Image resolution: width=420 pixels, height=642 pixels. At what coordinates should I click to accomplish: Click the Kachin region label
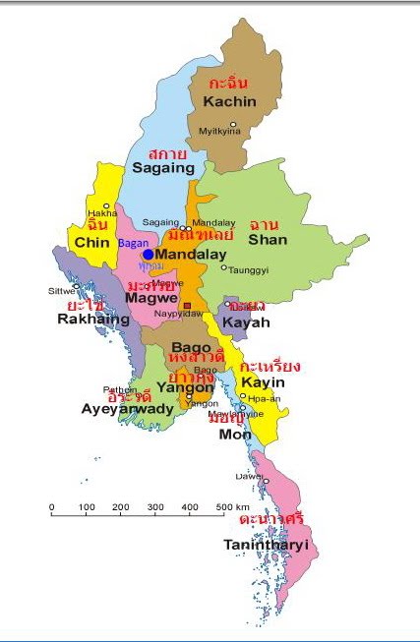pyautogui.click(x=230, y=101)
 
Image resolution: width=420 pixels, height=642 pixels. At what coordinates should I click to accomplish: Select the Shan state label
pyautogui.click(x=268, y=239)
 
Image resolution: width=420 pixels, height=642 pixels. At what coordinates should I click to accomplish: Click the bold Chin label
pyautogui.click(x=90, y=243)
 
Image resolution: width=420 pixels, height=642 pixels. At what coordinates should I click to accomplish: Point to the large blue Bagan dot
pyautogui.click(x=148, y=254)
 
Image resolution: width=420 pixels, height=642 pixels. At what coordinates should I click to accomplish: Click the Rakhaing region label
pyautogui.click(x=92, y=320)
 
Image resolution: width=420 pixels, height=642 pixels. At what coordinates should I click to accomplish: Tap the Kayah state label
pyautogui.click(x=241, y=321)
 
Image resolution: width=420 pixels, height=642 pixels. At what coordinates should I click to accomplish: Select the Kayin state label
pyautogui.click(x=264, y=381)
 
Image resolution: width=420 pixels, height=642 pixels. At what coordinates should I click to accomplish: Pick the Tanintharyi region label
pyautogui.click(x=265, y=544)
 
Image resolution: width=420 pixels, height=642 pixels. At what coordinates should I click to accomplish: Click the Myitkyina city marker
pyautogui.click(x=233, y=121)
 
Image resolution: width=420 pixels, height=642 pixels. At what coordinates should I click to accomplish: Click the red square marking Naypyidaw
pyautogui.click(x=187, y=307)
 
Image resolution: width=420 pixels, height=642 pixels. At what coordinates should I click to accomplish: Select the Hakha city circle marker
pyautogui.click(x=106, y=205)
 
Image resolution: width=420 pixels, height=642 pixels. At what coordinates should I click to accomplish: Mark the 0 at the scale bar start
pyautogui.click(x=52, y=507)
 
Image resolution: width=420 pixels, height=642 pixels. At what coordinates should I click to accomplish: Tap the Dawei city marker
pyautogui.click(x=266, y=482)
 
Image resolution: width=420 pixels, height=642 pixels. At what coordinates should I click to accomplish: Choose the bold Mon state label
pyautogui.click(x=234, y=434)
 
